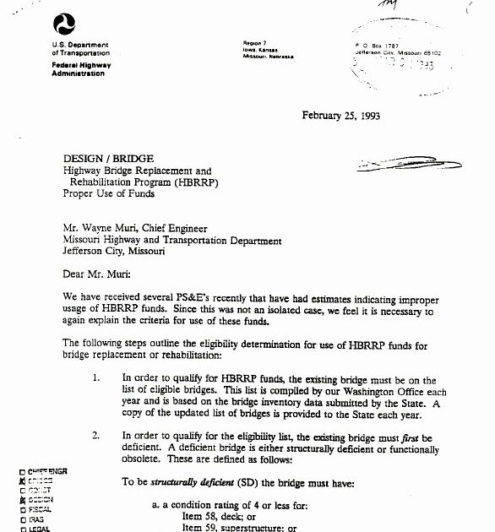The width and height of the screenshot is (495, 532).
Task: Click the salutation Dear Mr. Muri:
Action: coord(100,274)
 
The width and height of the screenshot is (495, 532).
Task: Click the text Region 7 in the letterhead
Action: coord(256,42)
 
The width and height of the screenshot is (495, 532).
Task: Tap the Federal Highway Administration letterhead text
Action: coord(81,69)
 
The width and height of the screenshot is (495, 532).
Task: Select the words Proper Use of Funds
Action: coord(109,193)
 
